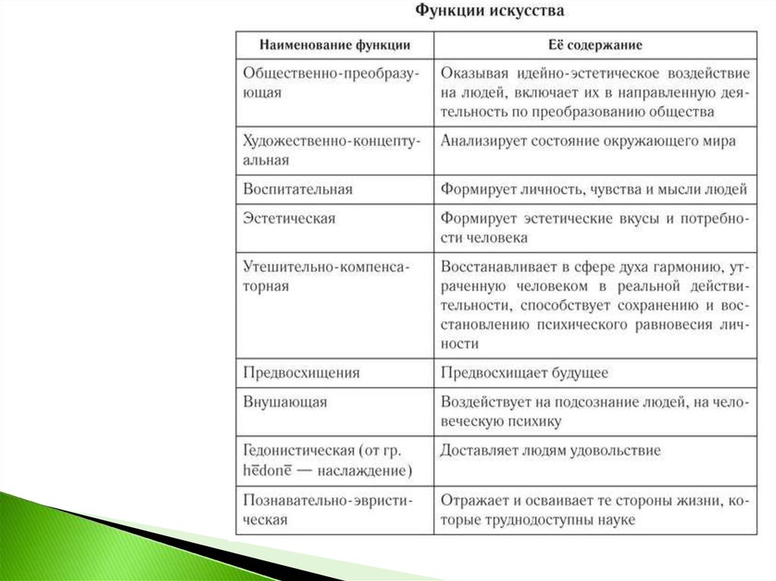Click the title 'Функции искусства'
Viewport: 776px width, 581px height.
pyautogui.click(x=489, y=12)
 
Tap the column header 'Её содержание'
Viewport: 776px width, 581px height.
pyautogui.click(x=595, y=45)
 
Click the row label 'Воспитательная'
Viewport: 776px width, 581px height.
pyautogui.click(x=298, y=189)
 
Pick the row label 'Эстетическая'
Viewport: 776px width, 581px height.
pyautogui.click(x=289, y=218)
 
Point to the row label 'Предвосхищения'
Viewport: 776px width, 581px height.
pyautogui.click(x=302, y=373)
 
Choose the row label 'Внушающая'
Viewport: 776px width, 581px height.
pyautogui.click(x=285, y=401)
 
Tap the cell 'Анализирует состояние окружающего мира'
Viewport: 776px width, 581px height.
pyautogui.click(x=588, y=141)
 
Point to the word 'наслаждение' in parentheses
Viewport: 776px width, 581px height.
pyautogui.click(x=368, y=471)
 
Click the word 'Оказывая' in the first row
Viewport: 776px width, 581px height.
pyautogui.click(x=472, y=73)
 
